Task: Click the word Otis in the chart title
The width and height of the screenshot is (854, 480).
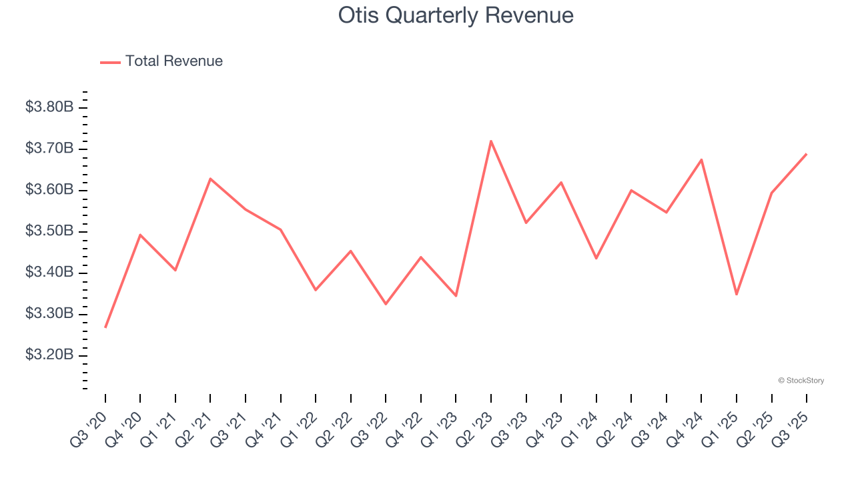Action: [358, 15]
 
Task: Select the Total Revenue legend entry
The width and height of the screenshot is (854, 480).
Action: [161, 61]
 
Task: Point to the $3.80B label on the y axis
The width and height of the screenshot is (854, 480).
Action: [49, 107]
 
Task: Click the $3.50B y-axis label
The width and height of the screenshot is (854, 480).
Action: [49, 231]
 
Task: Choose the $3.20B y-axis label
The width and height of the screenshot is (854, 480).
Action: [49, 355]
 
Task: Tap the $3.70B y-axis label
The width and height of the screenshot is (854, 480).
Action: [49, 148]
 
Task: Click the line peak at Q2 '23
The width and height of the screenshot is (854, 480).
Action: [491, 141]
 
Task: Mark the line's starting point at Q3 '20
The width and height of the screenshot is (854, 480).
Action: [105, 327]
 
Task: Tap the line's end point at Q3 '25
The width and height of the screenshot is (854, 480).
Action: [807, 154]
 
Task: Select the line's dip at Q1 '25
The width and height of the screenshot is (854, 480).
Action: [737, 295]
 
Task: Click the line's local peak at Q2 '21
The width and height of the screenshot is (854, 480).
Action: [210, 179]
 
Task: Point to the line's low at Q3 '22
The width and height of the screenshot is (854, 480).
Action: [386, 304]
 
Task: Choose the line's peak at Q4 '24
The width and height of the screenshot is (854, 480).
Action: [701, 159]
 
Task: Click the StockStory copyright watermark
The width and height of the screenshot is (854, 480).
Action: [801, 381]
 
